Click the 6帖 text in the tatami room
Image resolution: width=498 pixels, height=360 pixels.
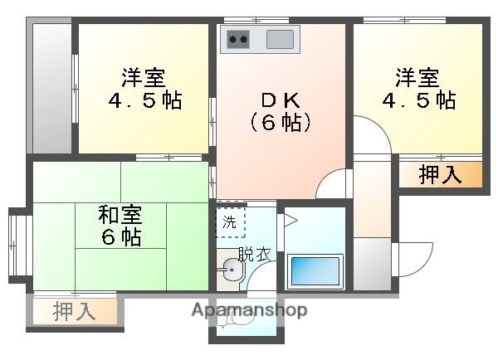(121, 237)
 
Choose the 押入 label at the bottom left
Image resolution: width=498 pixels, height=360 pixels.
(74, 312)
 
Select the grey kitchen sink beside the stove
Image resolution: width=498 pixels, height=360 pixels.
(280, 39)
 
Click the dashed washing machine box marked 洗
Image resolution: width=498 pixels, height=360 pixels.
(230, 222)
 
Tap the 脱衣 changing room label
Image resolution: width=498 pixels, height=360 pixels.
(253, 255)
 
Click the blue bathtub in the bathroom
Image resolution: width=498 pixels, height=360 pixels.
(315, 271)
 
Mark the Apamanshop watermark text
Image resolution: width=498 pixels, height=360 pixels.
(249, 311)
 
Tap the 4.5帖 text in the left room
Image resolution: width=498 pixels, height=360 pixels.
(144, 101)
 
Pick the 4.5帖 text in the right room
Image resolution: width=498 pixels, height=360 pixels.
(417, 101)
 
